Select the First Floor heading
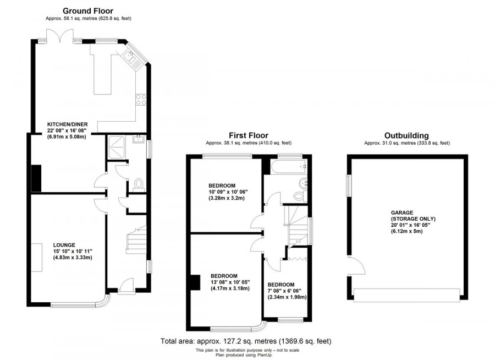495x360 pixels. (x=248, y=135)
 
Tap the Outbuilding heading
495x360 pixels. (x=406, y=135)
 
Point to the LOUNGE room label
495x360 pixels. (x=64, y=244)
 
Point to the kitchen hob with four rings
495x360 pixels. (x=141, y=100)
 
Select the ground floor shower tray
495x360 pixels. (x=117, y=147)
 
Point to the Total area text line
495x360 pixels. (x=246, y=341)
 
